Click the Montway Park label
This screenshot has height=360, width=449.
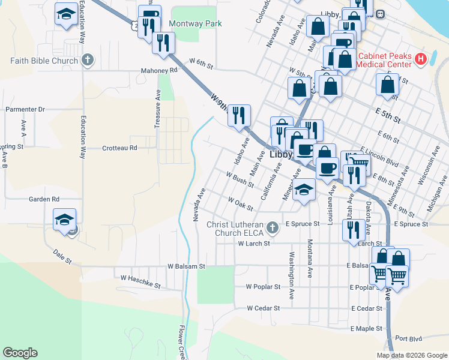point(195,24)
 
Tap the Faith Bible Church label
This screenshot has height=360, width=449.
point(44,61)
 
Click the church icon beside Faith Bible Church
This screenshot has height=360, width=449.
point(88,60)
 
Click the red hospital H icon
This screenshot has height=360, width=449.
point(421,59)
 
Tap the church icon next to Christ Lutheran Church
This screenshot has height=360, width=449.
point(273,227)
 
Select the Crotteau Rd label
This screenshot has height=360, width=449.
point(119,148)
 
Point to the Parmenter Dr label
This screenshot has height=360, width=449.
point(25,109)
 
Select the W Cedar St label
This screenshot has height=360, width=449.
point(264,308)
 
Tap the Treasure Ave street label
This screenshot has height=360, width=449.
point(158,109)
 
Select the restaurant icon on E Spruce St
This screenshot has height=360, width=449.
point(353,229)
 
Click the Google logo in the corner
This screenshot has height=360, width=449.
point(20,353)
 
